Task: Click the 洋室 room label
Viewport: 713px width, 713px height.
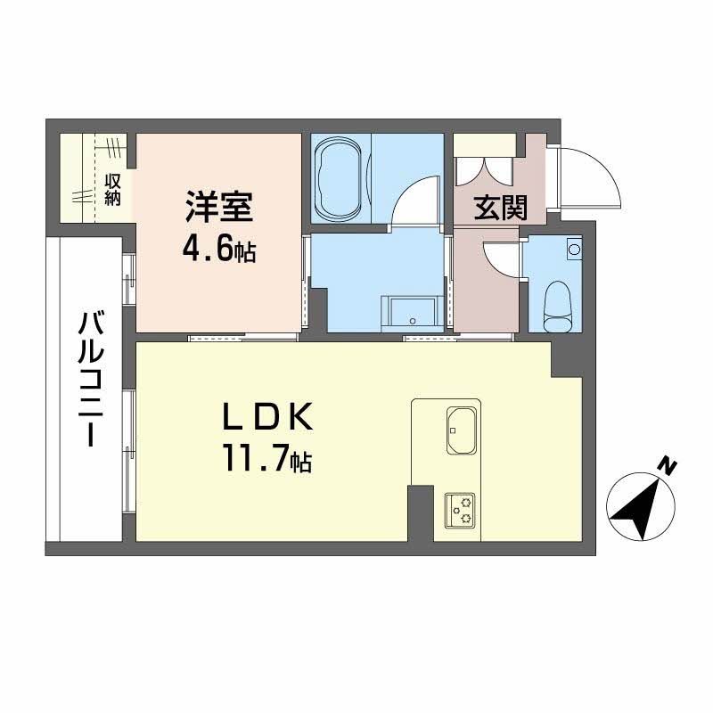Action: click(x=219, y=208)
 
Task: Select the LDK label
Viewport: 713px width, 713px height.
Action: click(x=266, y=418)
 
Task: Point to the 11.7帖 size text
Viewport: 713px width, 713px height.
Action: click(x=266, y=461)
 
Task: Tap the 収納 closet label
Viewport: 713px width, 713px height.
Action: click(x=112, y=189)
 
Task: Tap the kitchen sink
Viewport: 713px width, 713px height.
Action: click(x=462, y=432)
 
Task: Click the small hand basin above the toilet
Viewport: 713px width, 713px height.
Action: click(x=574, y=249)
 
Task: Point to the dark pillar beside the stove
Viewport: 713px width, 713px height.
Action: click(x=419, y=512)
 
